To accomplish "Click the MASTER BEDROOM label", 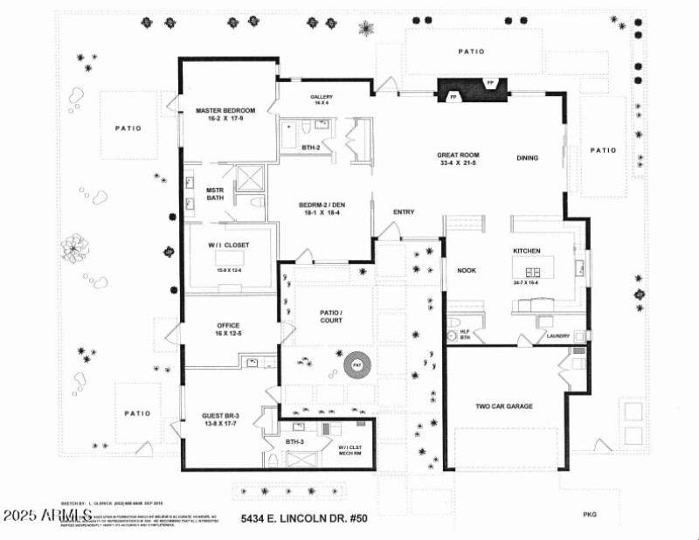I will [225, 111].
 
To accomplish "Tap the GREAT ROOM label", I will [458, 156].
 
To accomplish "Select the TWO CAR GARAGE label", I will [503, 406].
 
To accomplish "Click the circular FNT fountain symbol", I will [356, 366].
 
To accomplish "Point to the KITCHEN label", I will [526, 251].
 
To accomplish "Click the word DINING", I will [527, 158].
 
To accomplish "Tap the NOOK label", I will [466, 271].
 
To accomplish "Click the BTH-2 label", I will [311, 149].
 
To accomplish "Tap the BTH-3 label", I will [294, 443].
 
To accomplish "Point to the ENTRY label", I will [404, 212].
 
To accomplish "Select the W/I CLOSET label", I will [228, 244].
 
